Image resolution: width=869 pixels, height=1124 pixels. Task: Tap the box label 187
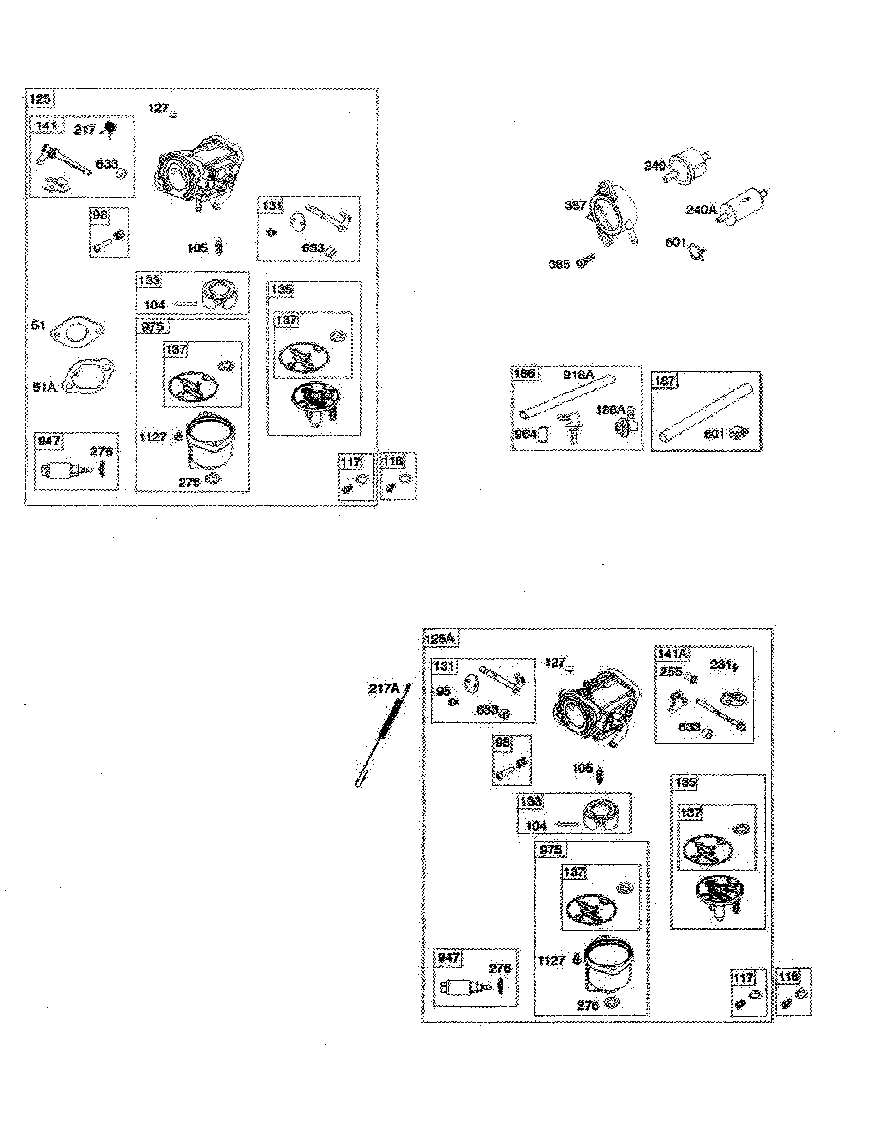point(665,381)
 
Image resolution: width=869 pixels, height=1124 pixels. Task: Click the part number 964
point(525,434)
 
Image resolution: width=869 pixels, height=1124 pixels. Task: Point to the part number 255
point(671,672)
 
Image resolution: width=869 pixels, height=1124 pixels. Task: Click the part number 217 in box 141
point(85,130)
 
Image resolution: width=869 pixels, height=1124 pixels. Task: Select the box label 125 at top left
point(40,98)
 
